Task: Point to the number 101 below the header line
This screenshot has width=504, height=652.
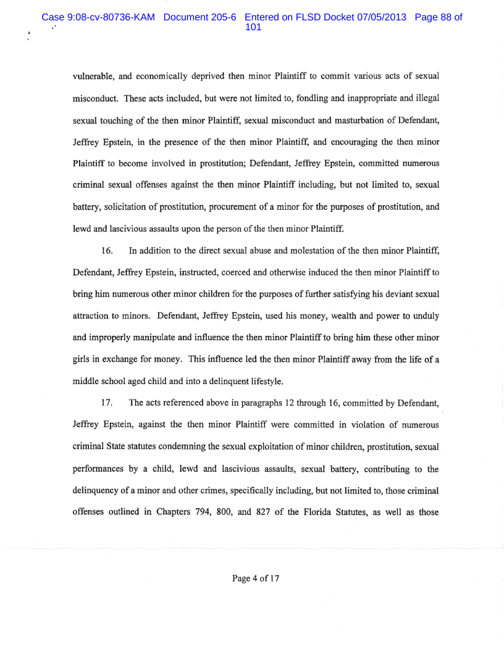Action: click(x=254, y=28)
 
